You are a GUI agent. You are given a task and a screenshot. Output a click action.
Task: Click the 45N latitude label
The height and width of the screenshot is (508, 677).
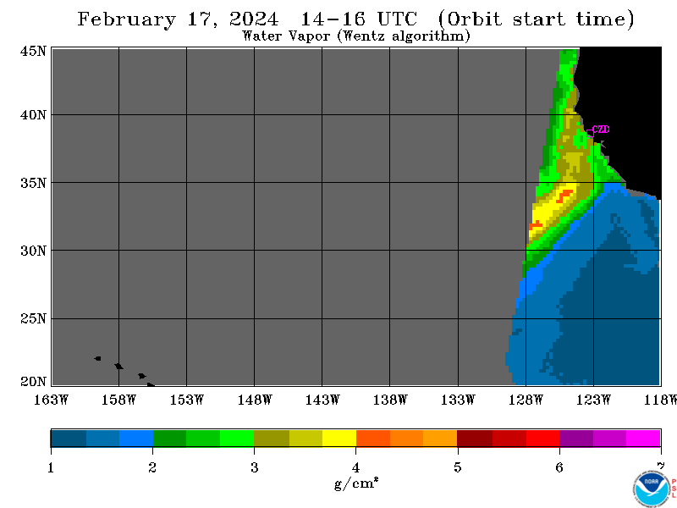[x=33, y=52]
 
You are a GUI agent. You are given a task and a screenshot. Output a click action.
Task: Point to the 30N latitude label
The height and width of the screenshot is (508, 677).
[x=33, y=251]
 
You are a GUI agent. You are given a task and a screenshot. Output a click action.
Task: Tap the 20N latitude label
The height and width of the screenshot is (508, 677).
[x=33, y=382]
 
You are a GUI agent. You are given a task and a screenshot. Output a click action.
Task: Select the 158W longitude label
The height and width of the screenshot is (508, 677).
[x=118, y=400]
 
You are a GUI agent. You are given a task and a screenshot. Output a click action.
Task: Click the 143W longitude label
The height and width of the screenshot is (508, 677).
[x=322, y=400]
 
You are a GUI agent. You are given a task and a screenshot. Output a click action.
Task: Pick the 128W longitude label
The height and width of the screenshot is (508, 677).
[x=526, y=400]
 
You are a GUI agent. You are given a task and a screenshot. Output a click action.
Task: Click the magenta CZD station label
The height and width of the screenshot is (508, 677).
[x=601, y=130]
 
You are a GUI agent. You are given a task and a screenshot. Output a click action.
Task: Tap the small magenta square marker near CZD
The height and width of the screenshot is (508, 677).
[x=590, y=134]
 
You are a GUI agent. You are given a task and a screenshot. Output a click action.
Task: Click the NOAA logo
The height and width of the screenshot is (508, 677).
[x=651, y=489]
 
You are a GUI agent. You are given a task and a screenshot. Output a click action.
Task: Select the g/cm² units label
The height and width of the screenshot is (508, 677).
[x=356, y=483]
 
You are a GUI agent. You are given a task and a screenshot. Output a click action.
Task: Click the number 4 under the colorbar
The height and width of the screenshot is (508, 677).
[x=355, y=467]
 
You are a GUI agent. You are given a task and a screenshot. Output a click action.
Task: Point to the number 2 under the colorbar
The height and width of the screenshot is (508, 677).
[x=152, y=467]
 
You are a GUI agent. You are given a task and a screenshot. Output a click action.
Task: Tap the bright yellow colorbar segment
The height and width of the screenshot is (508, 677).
[x=339, y=438]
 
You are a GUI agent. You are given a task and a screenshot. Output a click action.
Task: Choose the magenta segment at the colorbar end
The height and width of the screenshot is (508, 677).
[x=643, y=438]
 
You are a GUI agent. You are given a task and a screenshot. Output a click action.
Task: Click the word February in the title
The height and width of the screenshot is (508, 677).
[x=126, y=19]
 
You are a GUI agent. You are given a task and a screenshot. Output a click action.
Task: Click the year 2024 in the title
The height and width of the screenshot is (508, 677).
[x=254, y=19]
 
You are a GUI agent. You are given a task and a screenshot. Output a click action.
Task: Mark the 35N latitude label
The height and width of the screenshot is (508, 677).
[x=33, y=183]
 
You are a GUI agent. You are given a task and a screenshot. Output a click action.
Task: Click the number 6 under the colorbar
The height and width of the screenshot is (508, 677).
[x=559, y=467]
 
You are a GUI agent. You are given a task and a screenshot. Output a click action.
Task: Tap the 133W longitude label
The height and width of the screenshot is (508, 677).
[x=458, y=400]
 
